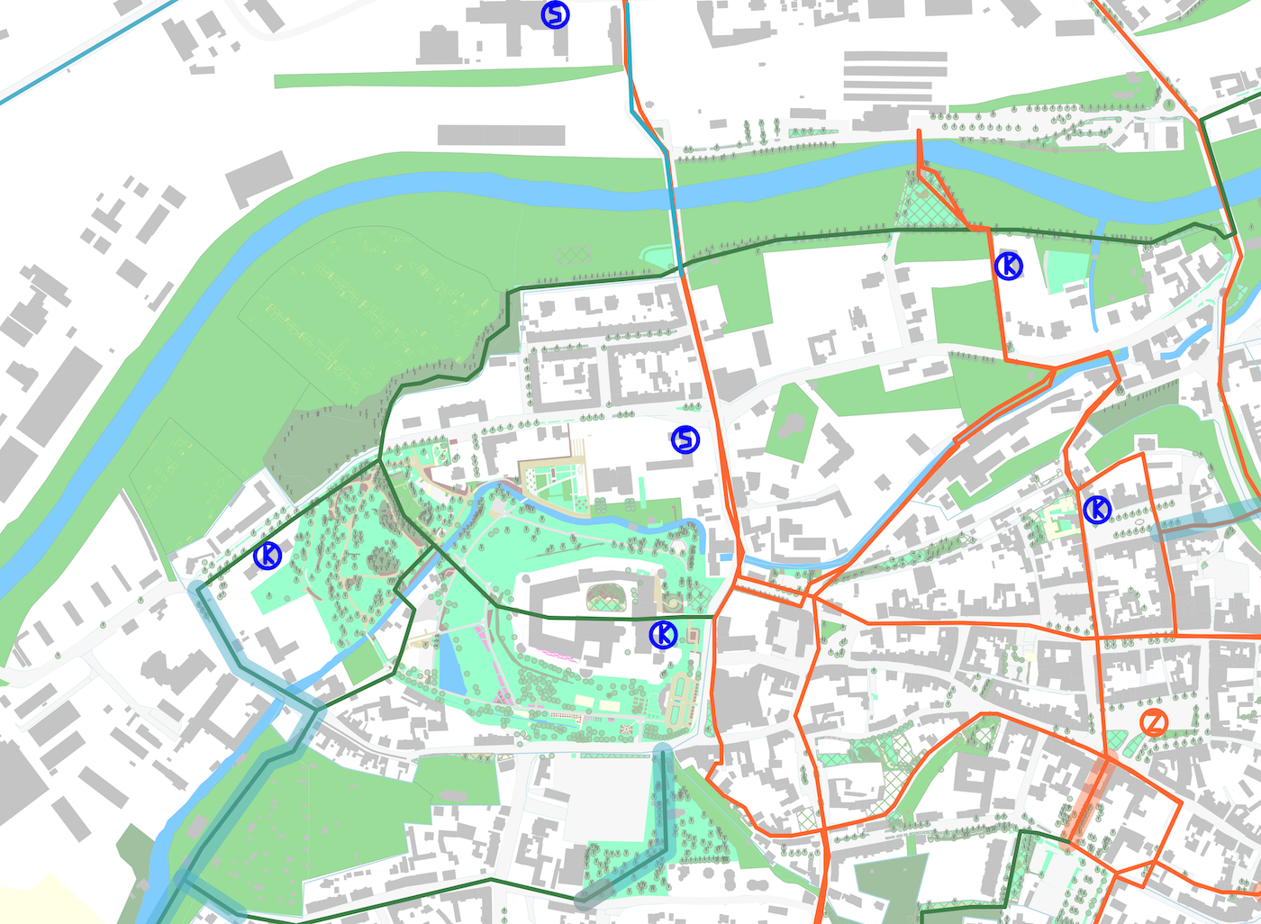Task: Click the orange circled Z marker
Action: pyautogui.click(x=1154, y=722)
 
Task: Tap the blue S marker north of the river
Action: pyautogui.click(x=555, y=14)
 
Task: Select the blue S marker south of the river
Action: pyautogui.click(x=685, y=439)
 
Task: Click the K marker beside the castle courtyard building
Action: pyautogui.click(x=663, y=634)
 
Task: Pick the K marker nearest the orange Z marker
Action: pyautogui.click(x=1097, y=510)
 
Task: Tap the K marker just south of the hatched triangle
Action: pyautogui.click(x=1008, y=266)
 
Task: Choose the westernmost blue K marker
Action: pyautogui.click(x=268, y=556)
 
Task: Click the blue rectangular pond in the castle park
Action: pyautogui.click(x=451, y=664)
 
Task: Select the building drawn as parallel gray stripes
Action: pyautogui.click(x=894, y=76)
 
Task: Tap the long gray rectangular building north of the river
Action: pyautogui.click(x=501, y=135)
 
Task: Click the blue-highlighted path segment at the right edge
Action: pyautogui.click(x=1207, y=521)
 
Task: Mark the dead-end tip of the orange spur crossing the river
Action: pyautogui.click(x=919, y=133)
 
